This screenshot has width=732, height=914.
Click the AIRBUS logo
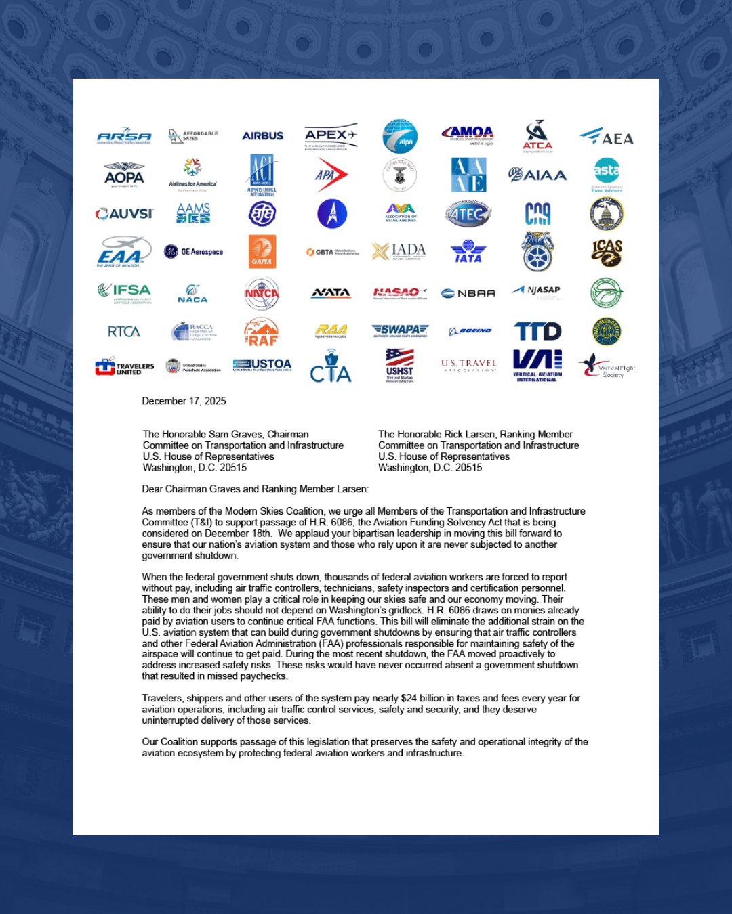coord(262,136)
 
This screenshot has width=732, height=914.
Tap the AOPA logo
coord(124,175)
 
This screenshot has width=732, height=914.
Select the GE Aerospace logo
coord(194,252)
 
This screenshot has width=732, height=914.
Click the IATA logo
coord(468,252)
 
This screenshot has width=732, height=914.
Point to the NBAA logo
coord(468,293)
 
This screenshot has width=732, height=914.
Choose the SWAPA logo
coord(400,330)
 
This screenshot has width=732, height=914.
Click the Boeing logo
coord(470,331)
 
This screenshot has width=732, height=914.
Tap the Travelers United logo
coord(125,367)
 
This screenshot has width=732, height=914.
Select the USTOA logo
coord(262,365)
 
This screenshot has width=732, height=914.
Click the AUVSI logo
coord(125,214)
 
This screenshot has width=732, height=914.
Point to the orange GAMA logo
coord(262,252)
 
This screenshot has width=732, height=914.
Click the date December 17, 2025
coord(184,401)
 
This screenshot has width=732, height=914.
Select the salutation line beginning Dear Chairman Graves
coord(256,489)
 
